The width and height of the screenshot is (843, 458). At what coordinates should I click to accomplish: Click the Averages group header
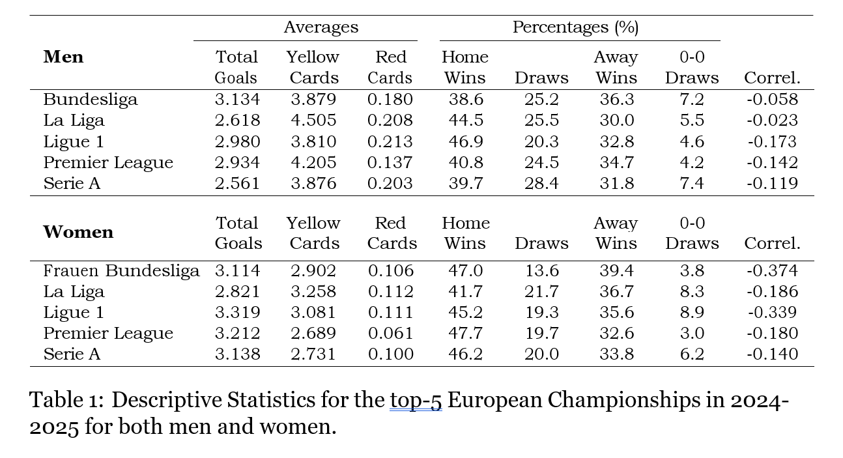[321, 27]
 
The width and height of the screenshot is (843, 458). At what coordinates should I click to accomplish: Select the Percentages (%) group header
[575, 27]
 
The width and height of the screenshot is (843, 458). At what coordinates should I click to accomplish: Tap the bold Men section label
[63, 57]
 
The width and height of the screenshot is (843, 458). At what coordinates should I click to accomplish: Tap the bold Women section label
[78, 233]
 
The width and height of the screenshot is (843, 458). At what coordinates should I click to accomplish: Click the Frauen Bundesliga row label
[121, 271]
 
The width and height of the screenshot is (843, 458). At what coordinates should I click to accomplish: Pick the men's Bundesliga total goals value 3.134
[237, 100]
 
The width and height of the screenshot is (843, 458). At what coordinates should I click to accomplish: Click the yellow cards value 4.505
[313, 121]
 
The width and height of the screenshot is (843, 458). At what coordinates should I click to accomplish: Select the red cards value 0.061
[390, 334]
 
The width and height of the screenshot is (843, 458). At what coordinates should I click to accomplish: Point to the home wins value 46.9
[465, 141]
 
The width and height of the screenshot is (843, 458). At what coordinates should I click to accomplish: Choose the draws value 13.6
[541, 271]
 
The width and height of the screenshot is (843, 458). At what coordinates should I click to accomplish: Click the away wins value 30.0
[616, 121]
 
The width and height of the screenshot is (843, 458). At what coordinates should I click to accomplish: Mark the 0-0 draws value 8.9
[691, 313]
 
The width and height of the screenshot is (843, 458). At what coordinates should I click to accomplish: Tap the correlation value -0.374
[772, 271]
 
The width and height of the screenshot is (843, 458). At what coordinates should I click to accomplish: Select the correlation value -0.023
[772, 121]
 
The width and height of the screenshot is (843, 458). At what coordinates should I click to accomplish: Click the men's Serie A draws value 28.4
[541, 184]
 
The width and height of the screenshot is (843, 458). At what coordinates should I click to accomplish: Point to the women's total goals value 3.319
[237, 313]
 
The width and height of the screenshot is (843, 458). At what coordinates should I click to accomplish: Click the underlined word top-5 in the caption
[416, 400]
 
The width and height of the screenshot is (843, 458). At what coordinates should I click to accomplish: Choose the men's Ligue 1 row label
[74, 141]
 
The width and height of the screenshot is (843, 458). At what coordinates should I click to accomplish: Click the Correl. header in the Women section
[772, 244]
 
